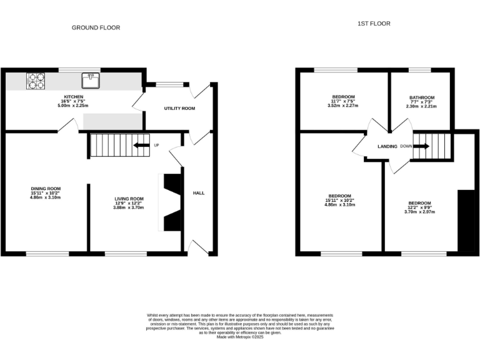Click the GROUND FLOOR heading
click(x=96, y=27)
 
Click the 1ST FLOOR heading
click(x=374, y=24)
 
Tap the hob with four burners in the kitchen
click(x=35, y=80)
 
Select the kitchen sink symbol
click(x=89, y=80)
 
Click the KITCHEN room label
click(x=73, y=97)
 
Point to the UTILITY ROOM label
click(x=179, y=108)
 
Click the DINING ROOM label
click(x=46, y=187)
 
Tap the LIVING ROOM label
click(x=129, y=199)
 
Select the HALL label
click(x=198, y=193)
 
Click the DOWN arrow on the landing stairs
click(x=421, y=146)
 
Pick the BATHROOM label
click(x=421, y=97)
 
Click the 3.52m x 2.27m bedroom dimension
click(x=342, y=106)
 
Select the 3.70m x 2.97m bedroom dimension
click(x=419, y=212)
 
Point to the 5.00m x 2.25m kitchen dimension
click(x=73, y=106)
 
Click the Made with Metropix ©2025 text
click(x=240, y=337)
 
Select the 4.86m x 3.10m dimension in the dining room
click(x=46, y=197)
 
